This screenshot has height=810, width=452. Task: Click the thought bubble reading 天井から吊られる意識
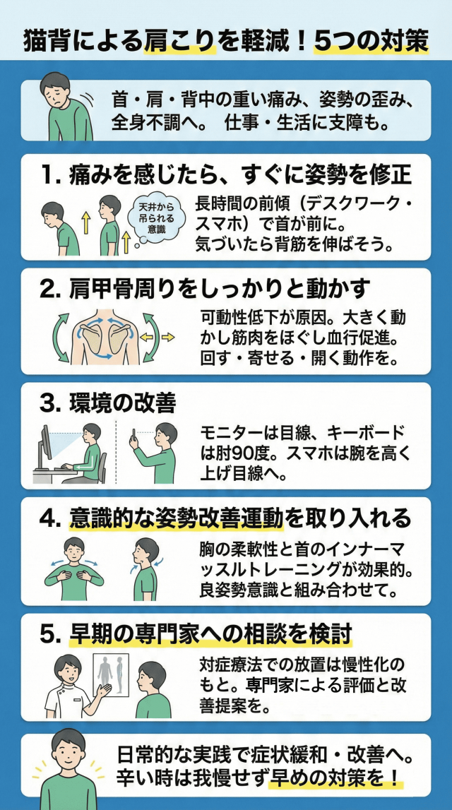[157, 218]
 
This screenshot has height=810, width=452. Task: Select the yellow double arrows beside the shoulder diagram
[158, 338]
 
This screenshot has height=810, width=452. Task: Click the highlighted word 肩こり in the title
[179, 42]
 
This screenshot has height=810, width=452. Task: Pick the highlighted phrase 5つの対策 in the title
[371, 42]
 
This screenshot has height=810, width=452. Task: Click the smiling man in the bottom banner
[66, 769]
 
